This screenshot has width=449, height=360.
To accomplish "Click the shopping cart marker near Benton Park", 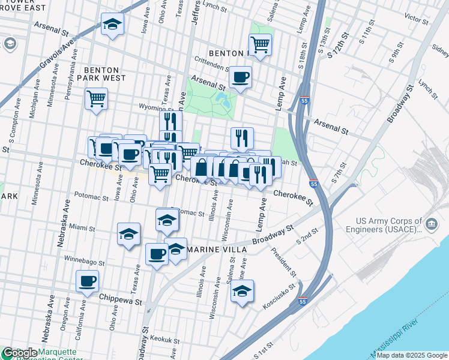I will [x=260, y=44].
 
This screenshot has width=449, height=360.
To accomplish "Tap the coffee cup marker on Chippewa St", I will [x=88, y=281].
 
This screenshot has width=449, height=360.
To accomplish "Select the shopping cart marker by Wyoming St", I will [x=96, y=98].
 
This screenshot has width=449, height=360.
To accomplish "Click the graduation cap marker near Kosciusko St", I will [x=242, y=292].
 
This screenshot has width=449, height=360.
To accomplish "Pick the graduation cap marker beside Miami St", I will [x=128, y=235].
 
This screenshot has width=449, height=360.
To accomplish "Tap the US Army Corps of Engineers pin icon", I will [x=431, y=225].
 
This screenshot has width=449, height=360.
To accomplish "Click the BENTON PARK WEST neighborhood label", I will [x=105, y=74].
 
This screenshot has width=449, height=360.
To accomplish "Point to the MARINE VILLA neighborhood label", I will [x=218, y=249].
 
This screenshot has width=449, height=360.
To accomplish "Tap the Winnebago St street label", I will [x=84, y=262].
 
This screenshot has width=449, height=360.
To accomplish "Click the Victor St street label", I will [x=417, y=17].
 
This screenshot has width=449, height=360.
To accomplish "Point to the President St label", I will [x=283, y=262].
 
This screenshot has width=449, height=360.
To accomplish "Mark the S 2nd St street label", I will [x=307, y=240].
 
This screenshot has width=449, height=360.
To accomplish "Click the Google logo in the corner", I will [x=19, y=353].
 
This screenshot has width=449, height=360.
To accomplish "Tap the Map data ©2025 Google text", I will [x=411, y=355].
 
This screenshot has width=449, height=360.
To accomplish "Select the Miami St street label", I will [x=82, y=228].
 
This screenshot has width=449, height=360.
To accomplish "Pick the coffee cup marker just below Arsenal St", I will [x=240, y=77].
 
